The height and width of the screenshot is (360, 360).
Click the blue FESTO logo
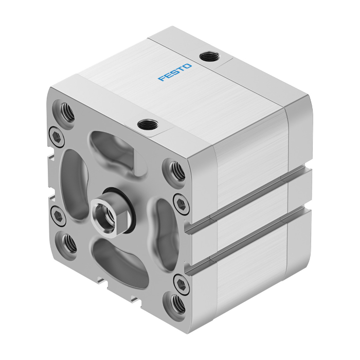[175, 73]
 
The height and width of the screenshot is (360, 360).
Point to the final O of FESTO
[187, 66]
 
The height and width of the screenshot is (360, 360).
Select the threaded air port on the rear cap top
[209, 56]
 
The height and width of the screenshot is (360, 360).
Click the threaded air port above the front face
[148, 124]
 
